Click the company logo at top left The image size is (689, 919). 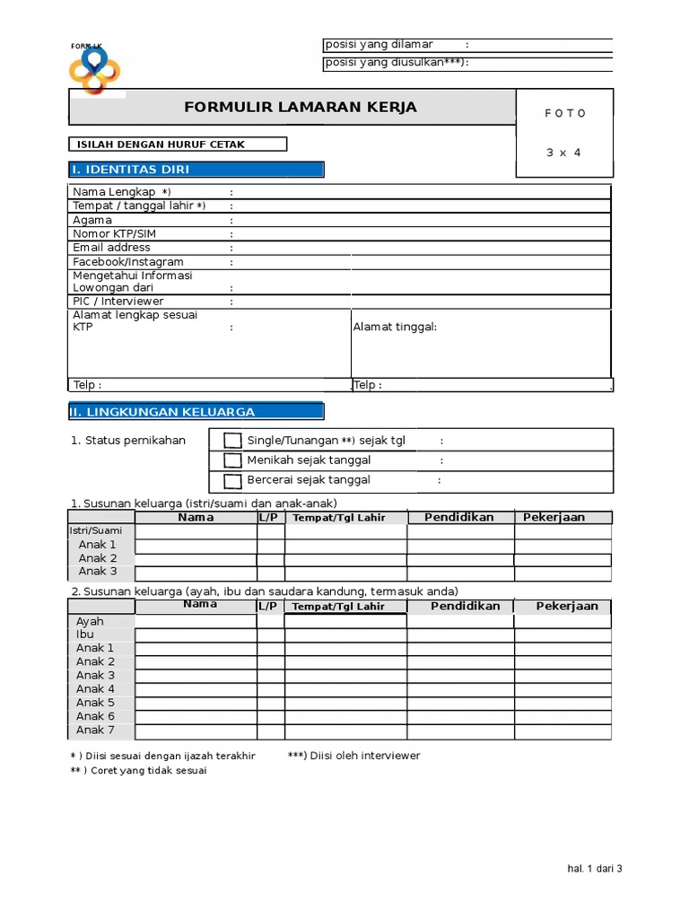pos(94,70)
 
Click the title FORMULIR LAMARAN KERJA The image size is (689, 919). pos(300,108)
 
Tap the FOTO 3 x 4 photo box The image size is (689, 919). pos(564,133)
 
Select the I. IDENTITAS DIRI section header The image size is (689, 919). pos(196,170)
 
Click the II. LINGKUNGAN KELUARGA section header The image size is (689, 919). pos(196,412)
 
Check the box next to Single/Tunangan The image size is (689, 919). pos(232,440)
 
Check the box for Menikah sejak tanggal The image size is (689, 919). pos(232,460)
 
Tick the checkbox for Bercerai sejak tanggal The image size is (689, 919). pos(232,481)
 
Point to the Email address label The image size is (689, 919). pos(111,248)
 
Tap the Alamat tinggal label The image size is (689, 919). pos(395,327)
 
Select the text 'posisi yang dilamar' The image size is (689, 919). pos(379,45)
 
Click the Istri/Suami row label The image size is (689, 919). pos(96,530)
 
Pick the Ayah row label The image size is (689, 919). pos(90,621)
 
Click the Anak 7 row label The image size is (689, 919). pos(95,731)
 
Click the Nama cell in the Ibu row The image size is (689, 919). pos(196,635)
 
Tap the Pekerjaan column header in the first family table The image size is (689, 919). pos(554,517)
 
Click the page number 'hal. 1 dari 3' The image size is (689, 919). pos(595,869)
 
